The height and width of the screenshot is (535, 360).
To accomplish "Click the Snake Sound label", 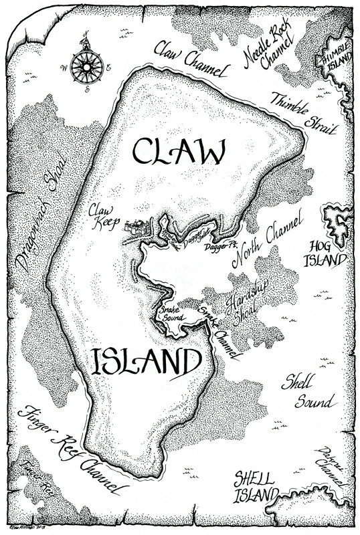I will point(170,314).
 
